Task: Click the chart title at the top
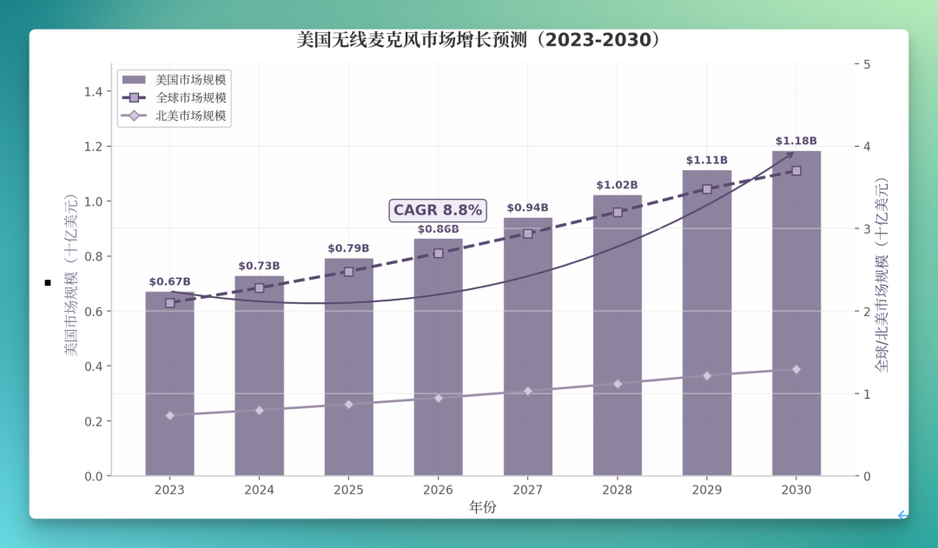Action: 478,40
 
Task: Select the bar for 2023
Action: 170,384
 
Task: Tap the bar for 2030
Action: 796,314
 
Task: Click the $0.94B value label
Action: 527,208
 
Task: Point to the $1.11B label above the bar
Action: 706,160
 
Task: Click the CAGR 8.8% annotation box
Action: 438,210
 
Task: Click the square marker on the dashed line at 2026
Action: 439,253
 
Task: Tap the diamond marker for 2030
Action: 796,369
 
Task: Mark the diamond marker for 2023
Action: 170,415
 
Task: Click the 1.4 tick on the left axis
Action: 93,91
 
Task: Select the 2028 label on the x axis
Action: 617,490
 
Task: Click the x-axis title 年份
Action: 482,507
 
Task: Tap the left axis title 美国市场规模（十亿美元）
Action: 71,275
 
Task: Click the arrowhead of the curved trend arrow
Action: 790,155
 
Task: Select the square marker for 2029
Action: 707,189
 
